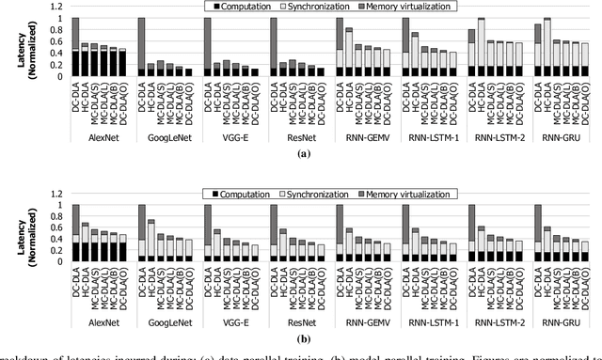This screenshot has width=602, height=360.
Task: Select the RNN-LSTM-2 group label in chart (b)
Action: coord(493,321)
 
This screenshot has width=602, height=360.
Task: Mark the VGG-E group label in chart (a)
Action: coord(230,135)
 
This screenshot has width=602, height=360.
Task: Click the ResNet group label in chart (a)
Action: coord(295,135)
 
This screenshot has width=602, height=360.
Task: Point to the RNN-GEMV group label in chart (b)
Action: coord(361,321)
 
